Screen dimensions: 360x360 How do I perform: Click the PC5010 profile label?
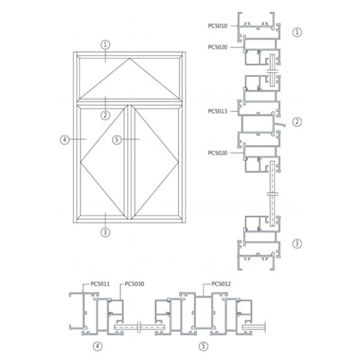point(217,26)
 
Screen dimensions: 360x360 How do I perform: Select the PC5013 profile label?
point(217,112)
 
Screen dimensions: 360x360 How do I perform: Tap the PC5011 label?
point(100,284)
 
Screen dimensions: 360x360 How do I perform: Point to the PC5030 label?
point(134,284)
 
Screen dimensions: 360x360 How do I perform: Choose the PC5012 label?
point(221,284)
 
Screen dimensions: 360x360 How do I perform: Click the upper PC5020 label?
point(217,47)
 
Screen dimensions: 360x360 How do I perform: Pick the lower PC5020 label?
point(217,153)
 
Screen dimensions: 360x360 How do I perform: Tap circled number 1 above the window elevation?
point(106,44)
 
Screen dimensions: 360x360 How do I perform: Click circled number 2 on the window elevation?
point(106,115)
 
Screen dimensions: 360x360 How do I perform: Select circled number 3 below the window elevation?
point(106,232)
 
